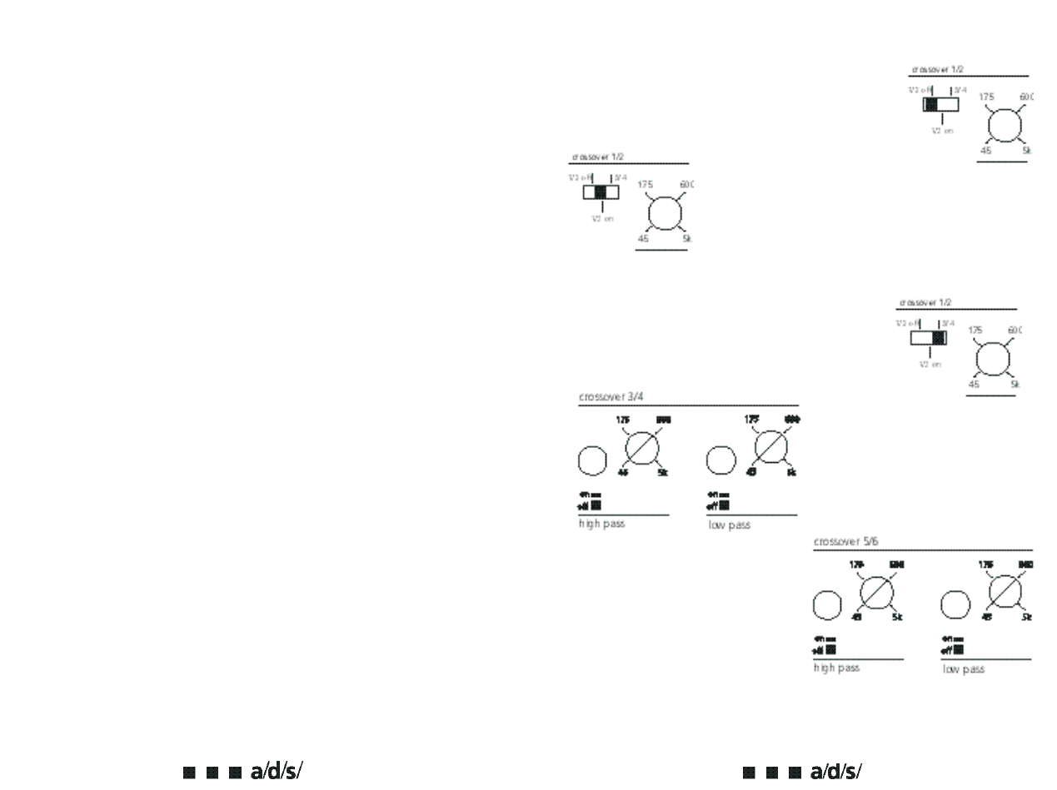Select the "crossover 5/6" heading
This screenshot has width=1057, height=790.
(x=845, y=542)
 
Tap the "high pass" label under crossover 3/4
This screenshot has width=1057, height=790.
(x=601, y=524)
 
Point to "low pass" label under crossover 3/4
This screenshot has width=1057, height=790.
(x=729, y=525)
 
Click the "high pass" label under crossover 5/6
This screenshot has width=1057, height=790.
(x=836, y=668)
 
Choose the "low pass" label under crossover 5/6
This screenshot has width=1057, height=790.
(x=963, y=669)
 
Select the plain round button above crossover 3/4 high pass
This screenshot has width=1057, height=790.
(x=592, y=460)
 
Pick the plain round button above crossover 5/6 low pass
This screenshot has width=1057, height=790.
(x=955, y=605)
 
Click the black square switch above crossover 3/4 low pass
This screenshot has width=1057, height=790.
(x=724, y=504)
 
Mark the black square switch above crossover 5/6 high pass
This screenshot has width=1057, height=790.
(x=830, y=649)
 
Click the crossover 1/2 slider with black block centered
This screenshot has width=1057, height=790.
(x=601, y=192)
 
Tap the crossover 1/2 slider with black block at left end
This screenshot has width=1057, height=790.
(x=940, y=104)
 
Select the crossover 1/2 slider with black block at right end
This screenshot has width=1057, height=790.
(x=929, y=337)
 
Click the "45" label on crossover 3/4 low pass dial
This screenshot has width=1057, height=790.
(x=750, y=473)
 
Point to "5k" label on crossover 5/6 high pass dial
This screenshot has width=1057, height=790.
(x=897, y=617)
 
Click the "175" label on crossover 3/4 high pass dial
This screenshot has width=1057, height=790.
(x=622, y=420)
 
